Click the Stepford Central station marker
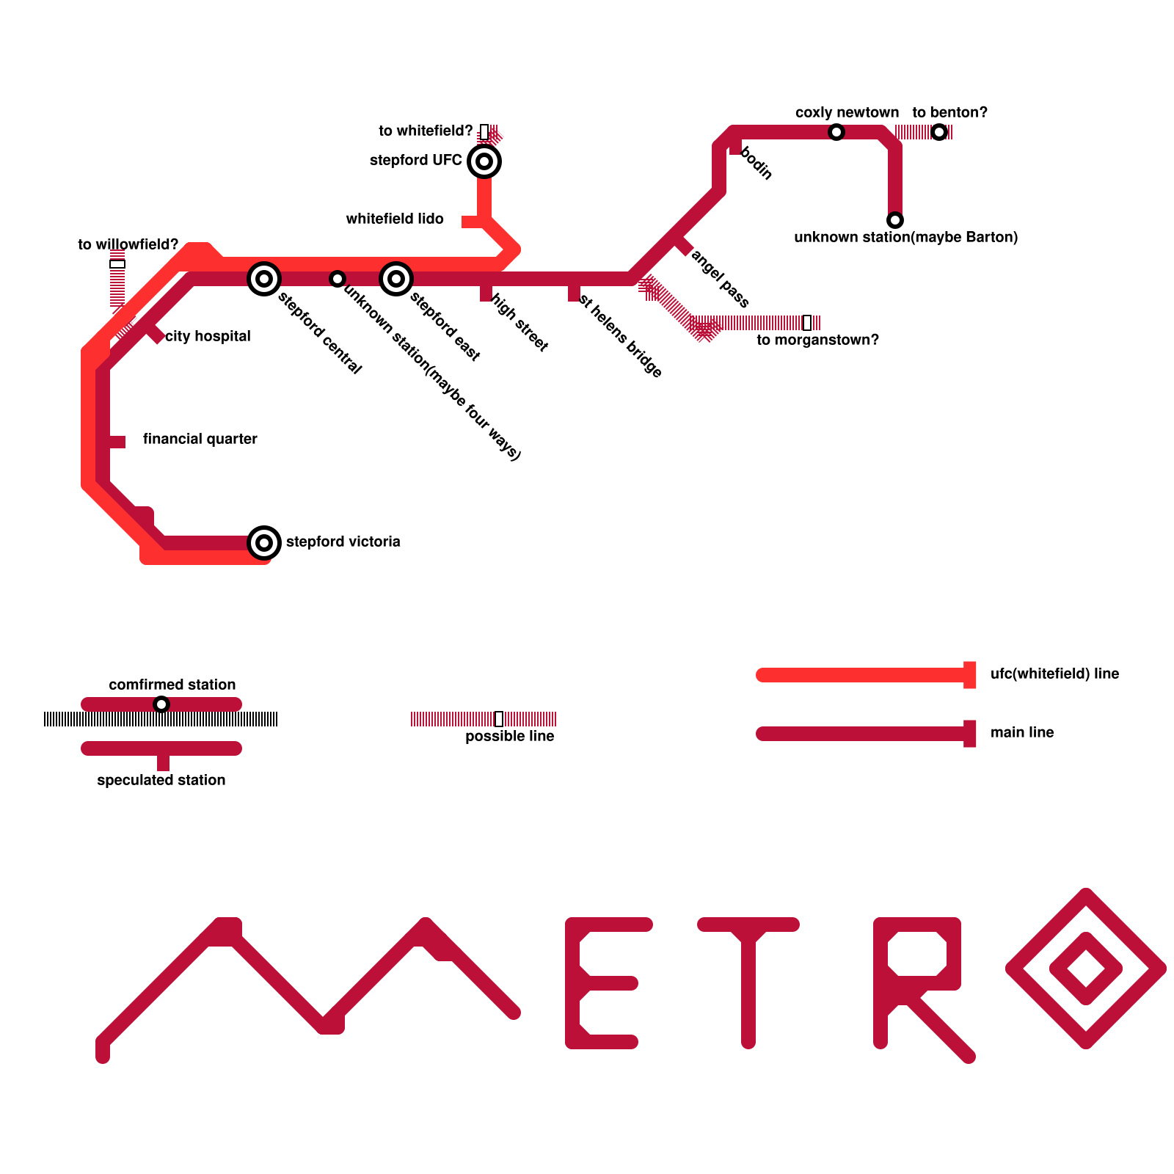click(x=264, y=279)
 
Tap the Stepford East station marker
click(x=396, y=279)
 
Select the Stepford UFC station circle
click(x=484, y=161)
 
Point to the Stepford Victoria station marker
click(x=264, y=543)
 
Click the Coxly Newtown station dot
click(x=836, y=132)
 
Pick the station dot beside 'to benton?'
click(x=939, y=132)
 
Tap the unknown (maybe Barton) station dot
click(x=894, y=220)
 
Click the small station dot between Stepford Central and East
click(x=338, y=279)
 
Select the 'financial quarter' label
click(x=200, y=439)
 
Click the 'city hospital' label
click(x=208, y=336)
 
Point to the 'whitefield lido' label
click(x=395, y=219)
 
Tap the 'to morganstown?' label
click(x=817, y=340)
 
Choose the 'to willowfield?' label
click(x=128, y=244)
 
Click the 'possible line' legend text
click(x=509, y=736)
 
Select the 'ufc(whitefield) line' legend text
click(x=1054, y=674)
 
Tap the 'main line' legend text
click(x=1022, y=732)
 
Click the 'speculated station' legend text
click(x=161, y=780)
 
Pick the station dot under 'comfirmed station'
click(x=161, y=704)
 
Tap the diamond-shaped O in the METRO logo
click(x=1086, y=969)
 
